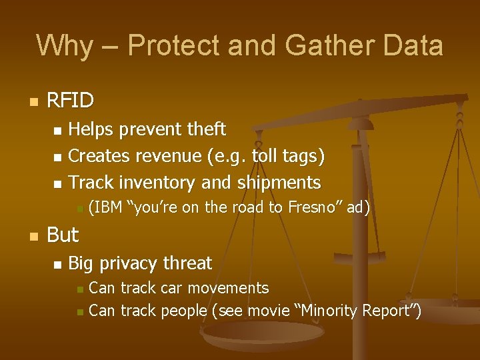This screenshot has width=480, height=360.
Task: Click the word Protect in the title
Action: pyautogui.click(x=167, y=45)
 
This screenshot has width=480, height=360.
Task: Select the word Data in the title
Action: pyautogui.click(x=413, y=45)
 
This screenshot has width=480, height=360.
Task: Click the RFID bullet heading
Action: pyautogui.click(x=71, y=101)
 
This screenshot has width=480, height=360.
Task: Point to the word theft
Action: pyautogui.click(x=204, y=129)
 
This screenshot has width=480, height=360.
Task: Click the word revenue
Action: pyautogui.click(x=169, y=156)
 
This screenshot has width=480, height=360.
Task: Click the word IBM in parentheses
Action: pyautogui.click(x=106, y=208)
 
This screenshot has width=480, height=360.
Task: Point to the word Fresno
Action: pyautogui.click(x=311, y=208)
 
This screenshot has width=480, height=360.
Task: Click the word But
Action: pyautogui.click(x=63, y=235)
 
